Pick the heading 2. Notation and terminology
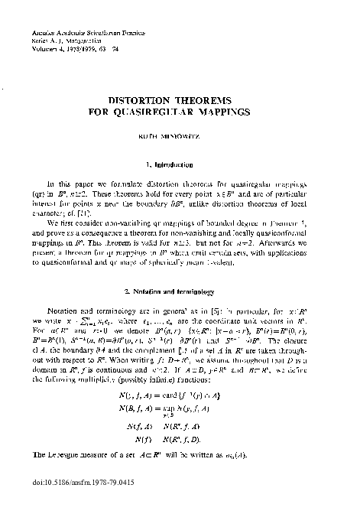pos(180,293)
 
